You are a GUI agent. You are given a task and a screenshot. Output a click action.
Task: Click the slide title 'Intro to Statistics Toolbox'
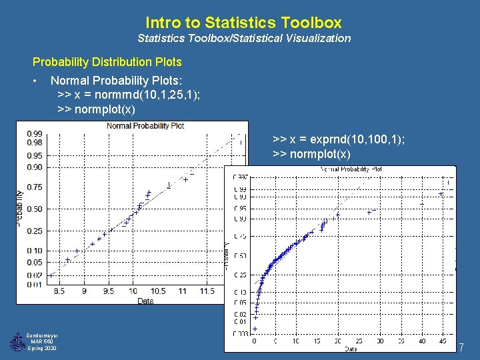pos(243,23)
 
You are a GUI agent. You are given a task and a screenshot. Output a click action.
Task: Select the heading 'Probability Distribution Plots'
pos(107,62)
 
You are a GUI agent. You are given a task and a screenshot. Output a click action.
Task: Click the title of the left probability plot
pos(145,125)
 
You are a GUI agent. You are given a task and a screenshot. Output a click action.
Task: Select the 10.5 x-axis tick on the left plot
pos(157,291)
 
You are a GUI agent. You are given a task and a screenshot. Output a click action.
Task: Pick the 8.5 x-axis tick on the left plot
pos(59,291)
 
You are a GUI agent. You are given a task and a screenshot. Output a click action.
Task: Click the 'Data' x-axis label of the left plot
pos(145,301)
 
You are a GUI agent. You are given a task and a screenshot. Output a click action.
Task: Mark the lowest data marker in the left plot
pos(51,275)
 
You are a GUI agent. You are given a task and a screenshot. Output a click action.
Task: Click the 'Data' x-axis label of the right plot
pos(351,348)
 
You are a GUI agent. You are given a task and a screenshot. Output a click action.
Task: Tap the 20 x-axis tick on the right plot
pos(337,341)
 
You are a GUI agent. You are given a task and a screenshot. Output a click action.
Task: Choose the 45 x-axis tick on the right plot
pos(442,341)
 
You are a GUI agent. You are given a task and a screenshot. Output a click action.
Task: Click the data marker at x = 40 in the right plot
pos(421,203)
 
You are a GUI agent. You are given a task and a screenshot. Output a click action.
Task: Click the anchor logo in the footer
pos(17,342)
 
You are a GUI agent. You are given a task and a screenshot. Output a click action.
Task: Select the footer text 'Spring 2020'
pos(42,349)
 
